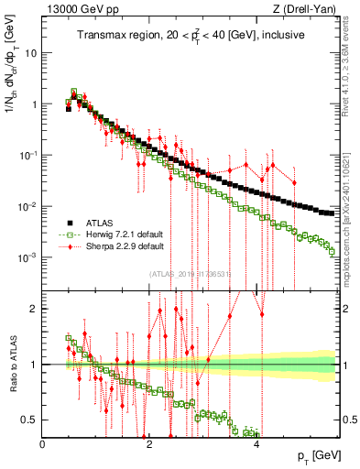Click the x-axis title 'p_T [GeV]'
314,456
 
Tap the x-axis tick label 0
43,444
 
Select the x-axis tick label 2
149,444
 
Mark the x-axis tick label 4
256,444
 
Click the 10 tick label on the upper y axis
31,52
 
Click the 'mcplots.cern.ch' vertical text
352,220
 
